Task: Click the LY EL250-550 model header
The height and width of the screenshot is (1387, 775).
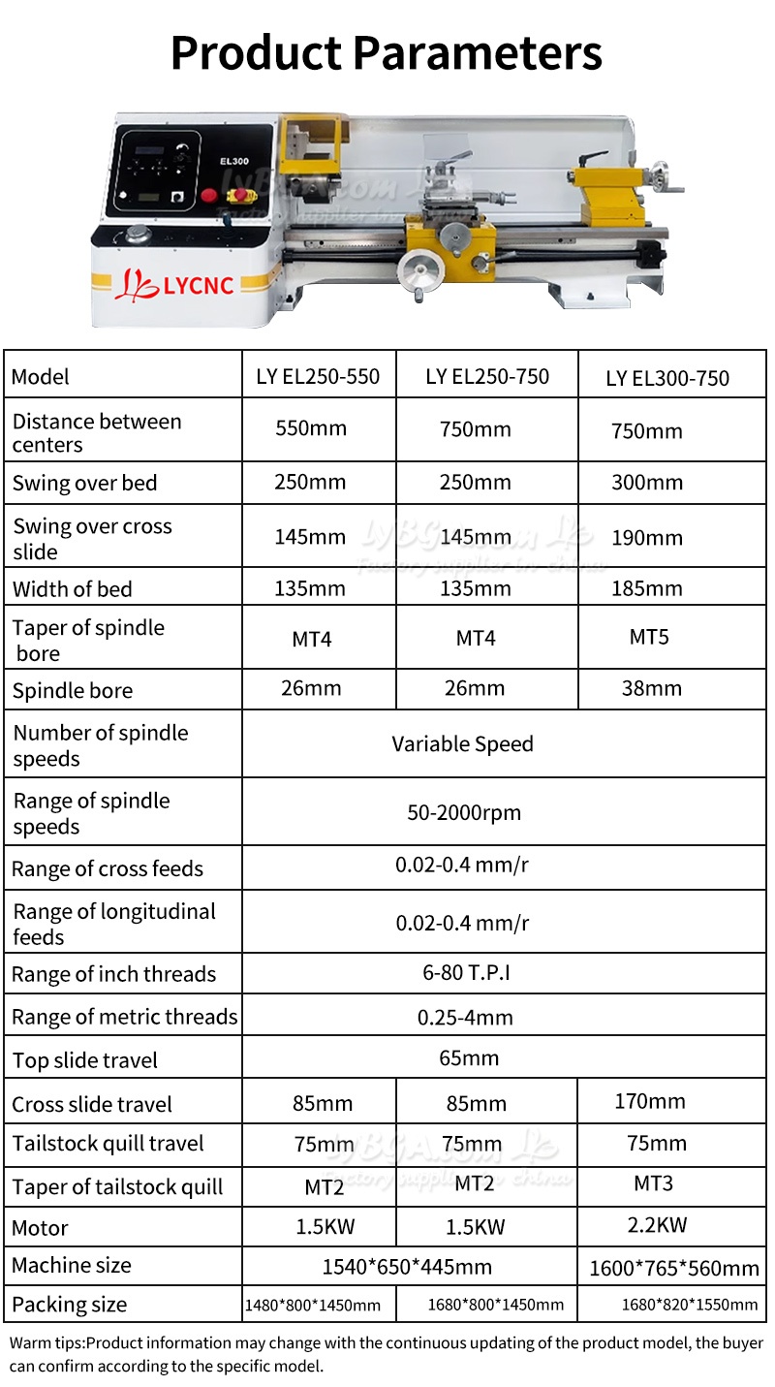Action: click(318, 376)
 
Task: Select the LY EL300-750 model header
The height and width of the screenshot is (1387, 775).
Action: click(667, 378)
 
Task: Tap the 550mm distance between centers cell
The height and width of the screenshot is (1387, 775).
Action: click(311, 428)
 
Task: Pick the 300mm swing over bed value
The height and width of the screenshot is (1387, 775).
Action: click(647, 483)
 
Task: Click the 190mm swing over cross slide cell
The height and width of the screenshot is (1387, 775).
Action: click(647, 538)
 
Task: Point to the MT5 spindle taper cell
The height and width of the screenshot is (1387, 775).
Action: click(649, 637)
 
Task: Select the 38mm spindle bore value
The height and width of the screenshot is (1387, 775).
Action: click(652, 688)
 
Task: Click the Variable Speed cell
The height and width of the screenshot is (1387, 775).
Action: click(462, 744)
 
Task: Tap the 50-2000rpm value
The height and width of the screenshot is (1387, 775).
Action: click(464, 812)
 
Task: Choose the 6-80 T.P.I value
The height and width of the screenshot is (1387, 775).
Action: click(466, 972)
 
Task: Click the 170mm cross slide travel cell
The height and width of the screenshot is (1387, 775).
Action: click(650, 1101)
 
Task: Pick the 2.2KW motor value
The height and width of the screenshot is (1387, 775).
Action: click(657, 1224)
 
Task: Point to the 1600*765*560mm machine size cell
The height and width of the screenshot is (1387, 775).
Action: click(674, 1268)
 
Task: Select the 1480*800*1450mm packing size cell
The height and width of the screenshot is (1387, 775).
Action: click(313, 1305)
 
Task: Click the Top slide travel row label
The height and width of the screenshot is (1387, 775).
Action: click(85, 1060)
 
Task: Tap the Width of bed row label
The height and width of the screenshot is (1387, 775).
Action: click(73, 589)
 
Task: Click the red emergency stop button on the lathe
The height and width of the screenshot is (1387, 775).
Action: click(208, 195)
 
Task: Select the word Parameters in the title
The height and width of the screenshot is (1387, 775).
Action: click(477, 53)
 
